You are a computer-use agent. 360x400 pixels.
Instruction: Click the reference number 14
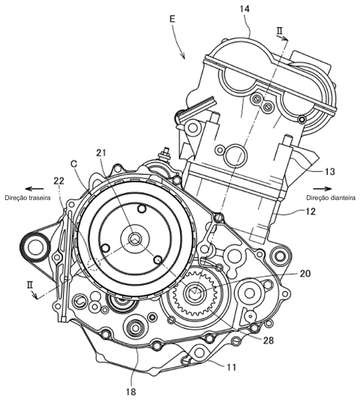(x=244, y=9)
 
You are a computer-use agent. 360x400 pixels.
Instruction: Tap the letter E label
(x=172, y=19)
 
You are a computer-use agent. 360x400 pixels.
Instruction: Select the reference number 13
(x=329, y=171)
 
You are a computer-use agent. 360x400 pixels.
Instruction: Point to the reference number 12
(x=310, y=211)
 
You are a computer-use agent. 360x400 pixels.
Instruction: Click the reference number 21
(x=102, y=153)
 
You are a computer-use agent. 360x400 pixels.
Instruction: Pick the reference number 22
(x=60, y=181)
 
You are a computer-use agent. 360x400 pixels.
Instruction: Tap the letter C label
(x=74, y=164)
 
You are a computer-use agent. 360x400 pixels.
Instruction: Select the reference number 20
(x=304, y=274)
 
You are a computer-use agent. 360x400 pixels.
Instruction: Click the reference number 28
(x=267, y=340)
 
